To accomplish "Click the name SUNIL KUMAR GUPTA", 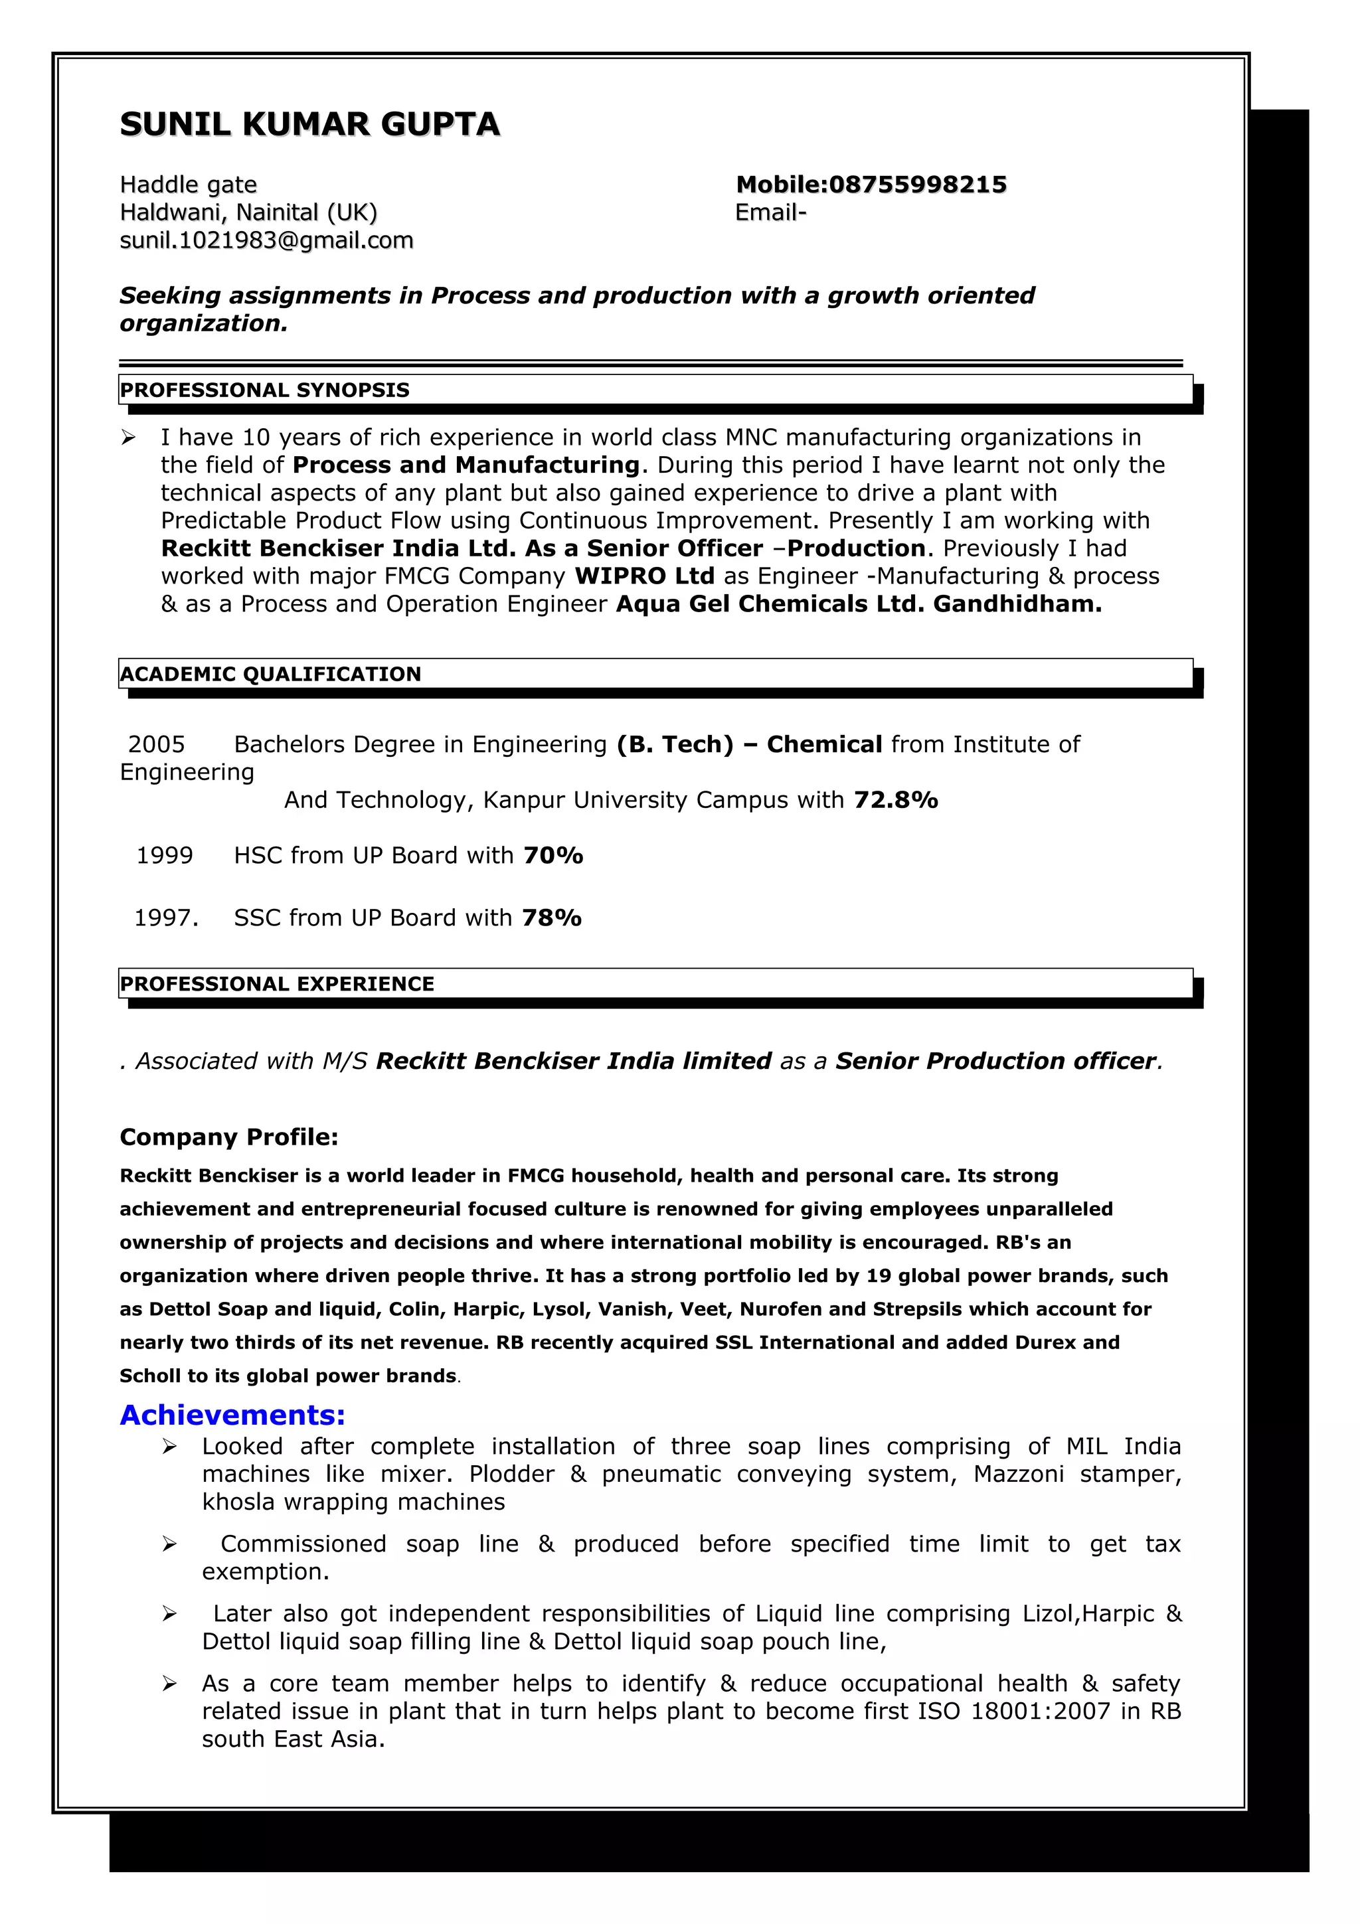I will tap(309, 124).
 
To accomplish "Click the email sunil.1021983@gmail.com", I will tap(266, 240).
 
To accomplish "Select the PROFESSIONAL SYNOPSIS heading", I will tap(265, 390).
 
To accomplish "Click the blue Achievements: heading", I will tap(232, 1415).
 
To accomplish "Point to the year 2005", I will tap(156, 744).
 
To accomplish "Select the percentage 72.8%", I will tap(895, 800).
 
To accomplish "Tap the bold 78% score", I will tap(551, 918).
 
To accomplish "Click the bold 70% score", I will tap(553, 856).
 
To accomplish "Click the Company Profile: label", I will tap(228, 1137).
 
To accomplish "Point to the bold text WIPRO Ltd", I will tap(643, 576).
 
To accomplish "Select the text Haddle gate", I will tap(189, 185).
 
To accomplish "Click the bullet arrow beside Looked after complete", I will tap(169, 1447).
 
